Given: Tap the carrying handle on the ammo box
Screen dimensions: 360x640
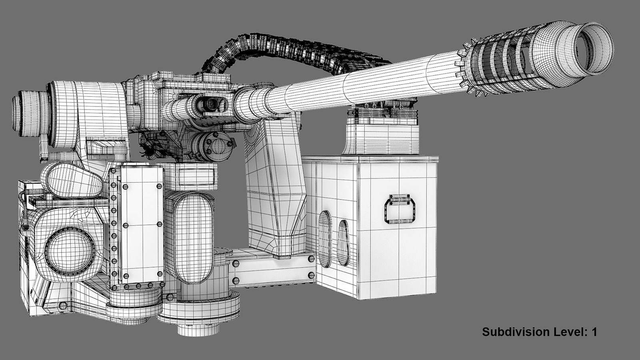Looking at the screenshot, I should tap(400, 209).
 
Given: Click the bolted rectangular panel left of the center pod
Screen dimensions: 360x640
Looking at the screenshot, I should tap(142, 224).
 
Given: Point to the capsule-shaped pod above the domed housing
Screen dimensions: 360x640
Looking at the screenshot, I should tap(72, 180).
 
